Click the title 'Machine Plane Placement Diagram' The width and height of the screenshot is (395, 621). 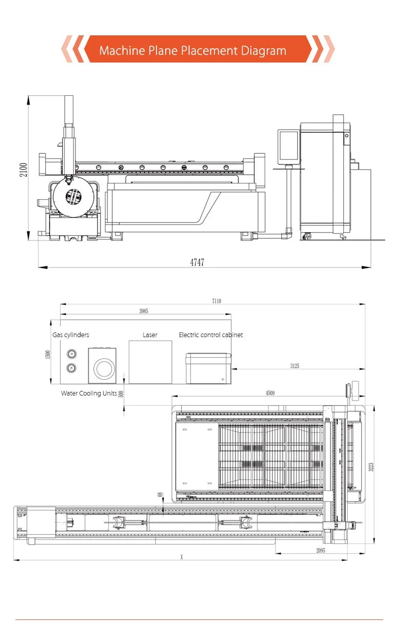pos(193,50)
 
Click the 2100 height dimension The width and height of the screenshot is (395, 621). pos(24,170)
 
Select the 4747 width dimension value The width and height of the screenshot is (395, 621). pos(197,262)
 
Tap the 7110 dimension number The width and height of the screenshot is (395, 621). pos(216,301)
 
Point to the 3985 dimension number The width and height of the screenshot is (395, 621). pos(144,311)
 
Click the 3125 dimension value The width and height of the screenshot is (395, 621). pos(295,366)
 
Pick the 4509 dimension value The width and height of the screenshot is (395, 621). pos(270,393)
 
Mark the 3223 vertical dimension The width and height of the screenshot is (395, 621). pos(371,467)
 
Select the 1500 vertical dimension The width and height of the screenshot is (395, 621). pos(48,354)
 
